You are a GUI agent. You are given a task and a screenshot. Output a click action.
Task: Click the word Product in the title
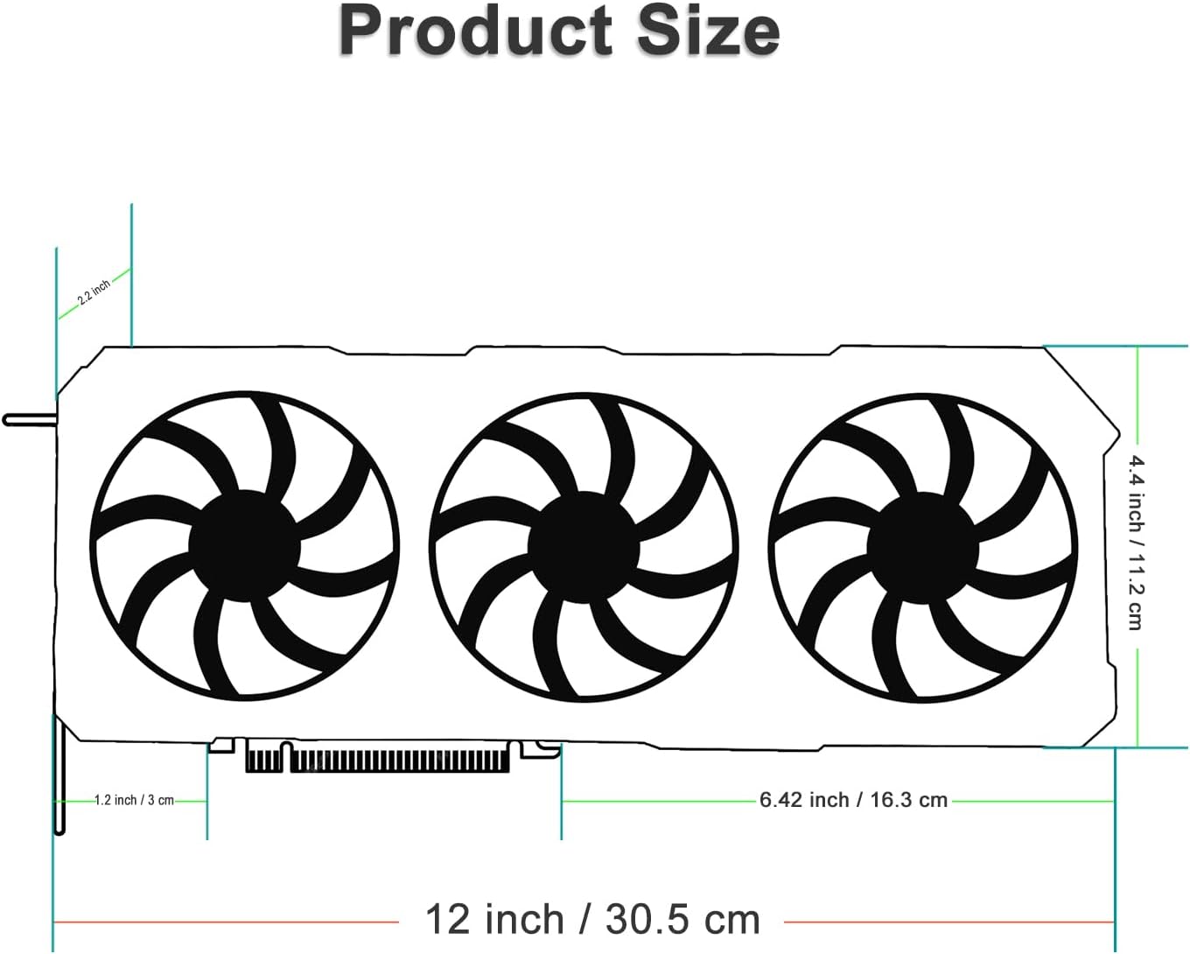[x=475, y=30]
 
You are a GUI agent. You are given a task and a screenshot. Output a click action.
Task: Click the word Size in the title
[x=709, y=30]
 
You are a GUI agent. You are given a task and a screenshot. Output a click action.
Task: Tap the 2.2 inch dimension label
[x=94, y=292]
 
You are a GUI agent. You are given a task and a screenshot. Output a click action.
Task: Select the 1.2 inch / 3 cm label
[x=134, y=800]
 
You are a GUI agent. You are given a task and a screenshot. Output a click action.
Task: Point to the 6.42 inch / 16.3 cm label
[x=853, y=800]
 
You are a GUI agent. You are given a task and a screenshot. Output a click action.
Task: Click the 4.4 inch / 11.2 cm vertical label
[x=1136, y=543]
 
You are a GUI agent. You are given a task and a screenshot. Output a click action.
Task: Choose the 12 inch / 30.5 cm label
[x=592, y=919]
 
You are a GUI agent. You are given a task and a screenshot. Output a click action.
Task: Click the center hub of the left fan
[x=244, y=546]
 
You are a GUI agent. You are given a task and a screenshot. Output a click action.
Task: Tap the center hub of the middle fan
[x=584, y=548]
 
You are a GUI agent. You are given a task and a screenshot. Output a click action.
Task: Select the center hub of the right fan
[x=922, y=548]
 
